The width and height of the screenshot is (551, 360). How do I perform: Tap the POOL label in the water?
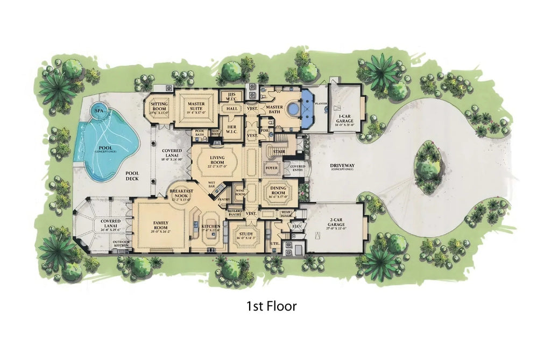pyautogui.click(x=105, y=147)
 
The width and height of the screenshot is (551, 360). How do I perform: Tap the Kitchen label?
pyautogui.click(x=210, y=227)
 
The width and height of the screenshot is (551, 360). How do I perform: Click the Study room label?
pyautogui.click(x=246, y=234)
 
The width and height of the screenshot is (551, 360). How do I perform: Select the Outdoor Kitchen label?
pyautogui.click(x=121, y=244)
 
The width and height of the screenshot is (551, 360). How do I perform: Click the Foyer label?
pyautogui.click(x=271, y=167)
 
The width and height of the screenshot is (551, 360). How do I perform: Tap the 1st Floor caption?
pyautogui.click(x=272, y=306)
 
